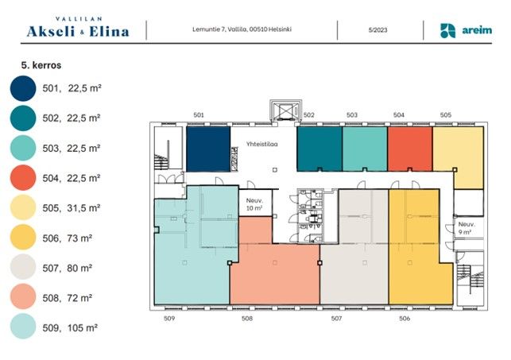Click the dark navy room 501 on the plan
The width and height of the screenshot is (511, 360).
click(208, 149)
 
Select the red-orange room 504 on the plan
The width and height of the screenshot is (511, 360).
click(410, 149)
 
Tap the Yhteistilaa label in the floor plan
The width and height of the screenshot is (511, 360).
click(262, 144)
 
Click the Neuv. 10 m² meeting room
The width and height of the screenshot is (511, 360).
click(256, 203)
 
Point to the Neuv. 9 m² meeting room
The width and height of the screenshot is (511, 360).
click(466, 228)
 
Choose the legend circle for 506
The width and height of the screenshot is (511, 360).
click(23, 237)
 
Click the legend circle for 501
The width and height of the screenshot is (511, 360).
click(23, 88)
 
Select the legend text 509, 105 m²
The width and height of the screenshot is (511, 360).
click(70, 327)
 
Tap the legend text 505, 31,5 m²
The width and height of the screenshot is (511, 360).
click(71, 208)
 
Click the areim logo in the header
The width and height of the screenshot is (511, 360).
click(466, 31)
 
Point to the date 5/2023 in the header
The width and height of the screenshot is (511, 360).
click(378, 30)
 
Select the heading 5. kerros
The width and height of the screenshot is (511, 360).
click(41, 65)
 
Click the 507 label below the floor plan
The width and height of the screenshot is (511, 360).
click(336, 319)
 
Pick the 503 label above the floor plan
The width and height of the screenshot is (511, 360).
click(352, 115)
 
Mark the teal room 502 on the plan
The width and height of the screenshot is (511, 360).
click(319, 149)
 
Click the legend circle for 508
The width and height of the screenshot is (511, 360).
click(23, 296)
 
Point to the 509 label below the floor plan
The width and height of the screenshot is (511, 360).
click(169, 319)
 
